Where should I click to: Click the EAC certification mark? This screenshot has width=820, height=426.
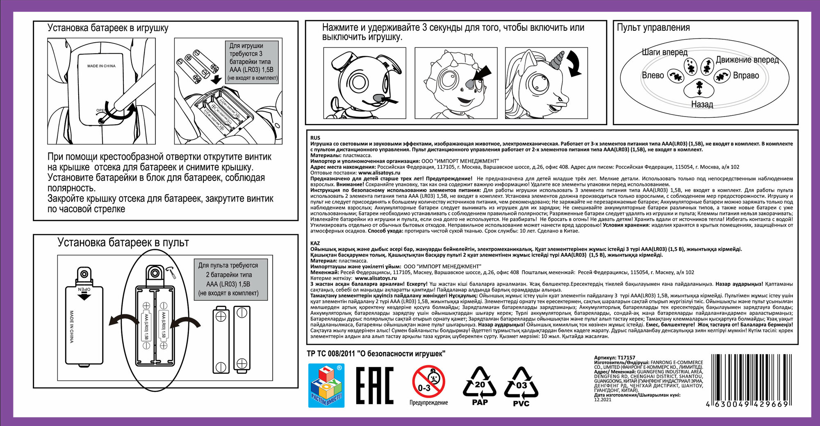point(374,385)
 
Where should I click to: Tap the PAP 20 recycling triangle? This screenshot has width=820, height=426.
point(480,386)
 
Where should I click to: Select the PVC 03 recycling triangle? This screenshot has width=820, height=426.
point(521,386)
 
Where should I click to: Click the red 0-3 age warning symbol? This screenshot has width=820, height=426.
point(428,382)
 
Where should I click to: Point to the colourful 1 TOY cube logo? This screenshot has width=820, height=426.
point(326,386)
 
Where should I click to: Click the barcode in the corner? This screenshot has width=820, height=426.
point(749,380)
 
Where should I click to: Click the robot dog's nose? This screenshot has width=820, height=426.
point(379,98)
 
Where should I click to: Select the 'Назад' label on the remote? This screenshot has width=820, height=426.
point(702,104)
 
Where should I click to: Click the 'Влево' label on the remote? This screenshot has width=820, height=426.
point(653,75)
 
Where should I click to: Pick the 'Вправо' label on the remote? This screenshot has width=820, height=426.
point(746,76)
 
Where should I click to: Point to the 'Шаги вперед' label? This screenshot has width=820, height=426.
point(664,52)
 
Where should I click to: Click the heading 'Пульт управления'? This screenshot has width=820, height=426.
point(653,27)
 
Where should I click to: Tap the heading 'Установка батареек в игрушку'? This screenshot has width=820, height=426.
point(108,28)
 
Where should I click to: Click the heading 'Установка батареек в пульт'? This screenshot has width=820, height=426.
point(123,243)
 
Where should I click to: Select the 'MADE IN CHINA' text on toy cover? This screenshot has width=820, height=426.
point(101,66)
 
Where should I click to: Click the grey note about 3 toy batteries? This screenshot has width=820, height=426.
point(252,62)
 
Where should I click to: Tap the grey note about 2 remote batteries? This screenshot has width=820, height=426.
point(228,279)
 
